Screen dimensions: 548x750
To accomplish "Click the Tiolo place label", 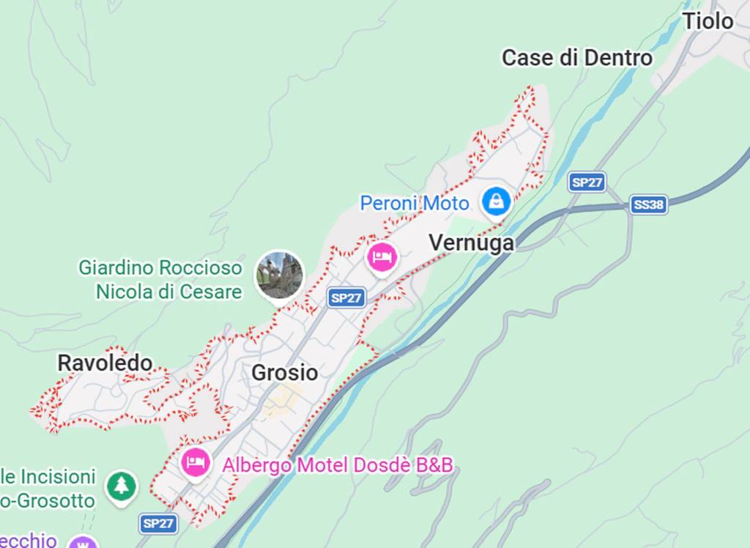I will (708, 21).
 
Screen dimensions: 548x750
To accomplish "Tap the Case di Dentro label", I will (576, 58).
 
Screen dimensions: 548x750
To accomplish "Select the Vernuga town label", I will (471, 242).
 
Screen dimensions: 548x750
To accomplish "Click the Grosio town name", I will (284, 372).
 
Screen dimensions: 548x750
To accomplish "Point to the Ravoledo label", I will (105, 363).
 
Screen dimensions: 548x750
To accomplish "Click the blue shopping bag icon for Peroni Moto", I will (497, 199).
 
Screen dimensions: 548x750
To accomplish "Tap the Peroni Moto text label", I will (414, 203).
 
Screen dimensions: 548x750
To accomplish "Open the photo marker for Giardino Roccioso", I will (279, 275).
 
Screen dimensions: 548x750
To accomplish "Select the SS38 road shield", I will (649, 204).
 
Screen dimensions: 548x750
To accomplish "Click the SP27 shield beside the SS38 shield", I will (587, 182).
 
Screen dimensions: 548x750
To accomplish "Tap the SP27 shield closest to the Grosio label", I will (346, 297).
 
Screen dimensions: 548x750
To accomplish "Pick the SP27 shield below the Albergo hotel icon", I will (158, 523).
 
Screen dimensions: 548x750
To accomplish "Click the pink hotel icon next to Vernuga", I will (382, 257).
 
